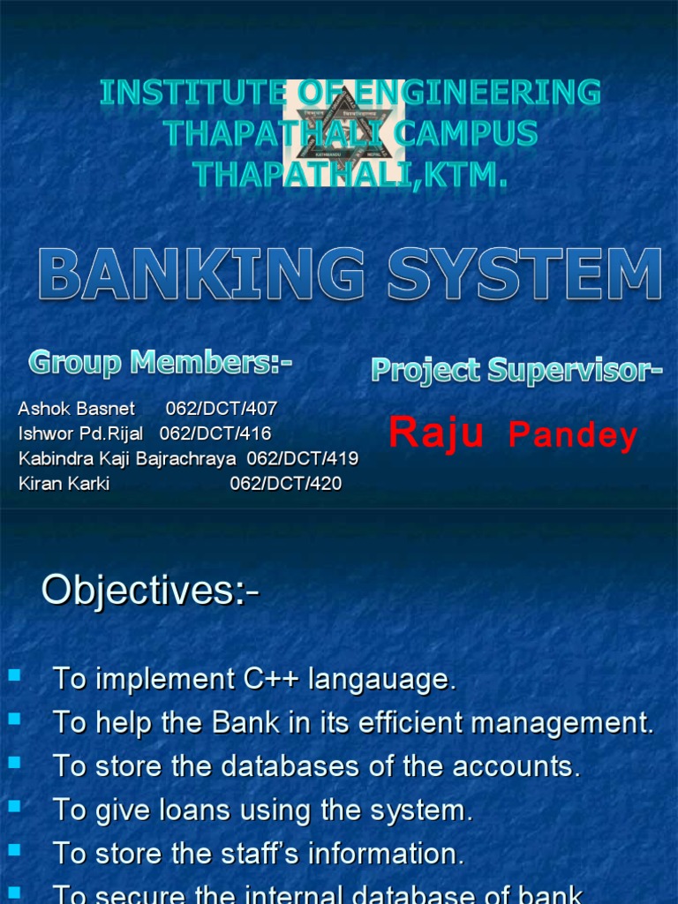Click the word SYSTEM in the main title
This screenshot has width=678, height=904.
[x=524, y=274]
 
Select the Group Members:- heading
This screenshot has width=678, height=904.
[x=161, y=361]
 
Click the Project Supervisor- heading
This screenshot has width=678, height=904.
[x=516, y=371]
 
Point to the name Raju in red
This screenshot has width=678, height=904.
[x=436, y=433]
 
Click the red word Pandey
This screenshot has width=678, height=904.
[x=573, y=436]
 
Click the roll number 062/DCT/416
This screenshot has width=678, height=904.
[x=215, y=433]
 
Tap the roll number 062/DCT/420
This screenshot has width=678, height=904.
[x=285, y=484]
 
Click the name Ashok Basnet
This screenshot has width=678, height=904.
[x=76, y=409]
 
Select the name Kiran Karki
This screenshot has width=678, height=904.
[x=64, y=484]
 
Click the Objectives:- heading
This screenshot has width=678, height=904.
[x=150, y=591]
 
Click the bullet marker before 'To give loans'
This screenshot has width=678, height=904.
[x=14, y=807]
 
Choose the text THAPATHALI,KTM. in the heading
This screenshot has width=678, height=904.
[x=350, y=174]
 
